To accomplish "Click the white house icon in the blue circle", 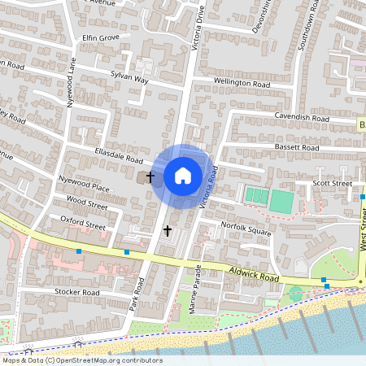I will click(183, 175).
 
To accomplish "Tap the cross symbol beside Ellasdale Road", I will click(150, 175).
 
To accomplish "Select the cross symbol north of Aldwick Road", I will click(168, 231).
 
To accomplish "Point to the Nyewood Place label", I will click(85, 188).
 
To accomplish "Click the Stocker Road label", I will click(76, 292).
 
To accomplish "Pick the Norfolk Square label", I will click(247, 231).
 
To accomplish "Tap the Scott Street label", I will click(333, 184).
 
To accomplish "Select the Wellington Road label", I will click(242, 83).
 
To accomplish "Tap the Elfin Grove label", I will click(101, 37).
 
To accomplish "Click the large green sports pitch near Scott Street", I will click(281, 201).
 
